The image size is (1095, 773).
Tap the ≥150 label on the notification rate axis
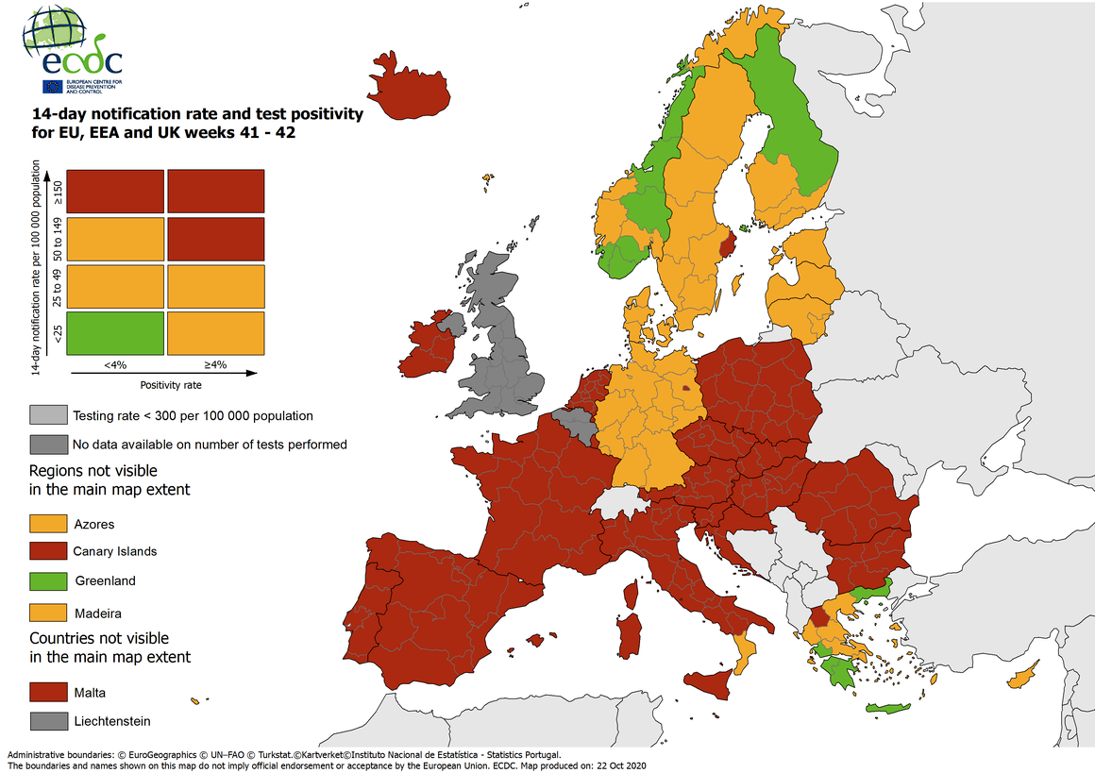point(59,192)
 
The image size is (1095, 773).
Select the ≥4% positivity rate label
point(215,363)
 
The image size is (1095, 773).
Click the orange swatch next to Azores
point(48,524)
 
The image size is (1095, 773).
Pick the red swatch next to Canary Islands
point(48,551)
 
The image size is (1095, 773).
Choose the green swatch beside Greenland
point(48,580)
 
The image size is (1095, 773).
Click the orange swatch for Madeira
point(48,613)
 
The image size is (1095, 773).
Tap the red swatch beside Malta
point(48,692)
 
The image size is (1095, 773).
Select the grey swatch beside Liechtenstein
point(48,721)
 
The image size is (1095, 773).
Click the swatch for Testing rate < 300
point(48,415)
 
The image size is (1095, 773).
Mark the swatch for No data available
point(48,444)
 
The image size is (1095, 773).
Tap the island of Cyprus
point(1022,677)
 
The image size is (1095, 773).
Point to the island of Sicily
point(708,681)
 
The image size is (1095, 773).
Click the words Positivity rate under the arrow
point(171,385)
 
